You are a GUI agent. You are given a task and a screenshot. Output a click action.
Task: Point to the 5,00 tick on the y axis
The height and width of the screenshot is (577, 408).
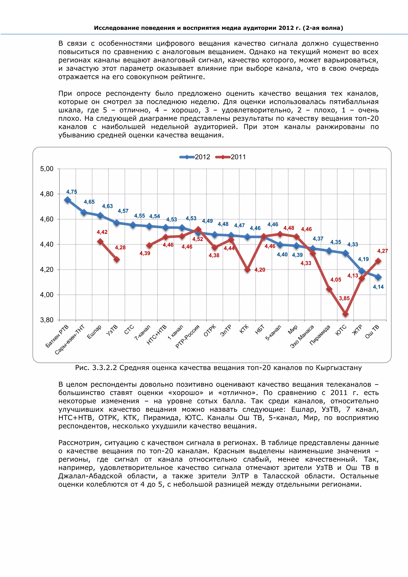[47, 169]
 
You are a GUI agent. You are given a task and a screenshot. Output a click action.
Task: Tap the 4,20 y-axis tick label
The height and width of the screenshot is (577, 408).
[47, 270]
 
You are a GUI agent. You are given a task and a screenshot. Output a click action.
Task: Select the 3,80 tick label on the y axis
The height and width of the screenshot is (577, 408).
[47, 320]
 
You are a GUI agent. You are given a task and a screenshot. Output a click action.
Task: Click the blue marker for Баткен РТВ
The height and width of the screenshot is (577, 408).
[67, 200]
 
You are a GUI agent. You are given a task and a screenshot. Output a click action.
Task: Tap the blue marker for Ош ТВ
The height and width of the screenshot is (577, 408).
[378, 277]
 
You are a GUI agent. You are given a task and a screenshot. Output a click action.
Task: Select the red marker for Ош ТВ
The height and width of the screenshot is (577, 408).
[378, 261]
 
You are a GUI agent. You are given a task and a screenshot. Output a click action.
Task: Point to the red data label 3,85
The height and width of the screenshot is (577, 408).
[344, 298]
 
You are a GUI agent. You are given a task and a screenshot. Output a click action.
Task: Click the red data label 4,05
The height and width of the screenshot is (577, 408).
[336, 280]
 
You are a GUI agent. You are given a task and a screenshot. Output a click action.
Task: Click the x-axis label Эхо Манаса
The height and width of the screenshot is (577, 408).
[302, 336]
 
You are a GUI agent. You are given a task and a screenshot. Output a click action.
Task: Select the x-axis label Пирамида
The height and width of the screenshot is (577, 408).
[320, 335]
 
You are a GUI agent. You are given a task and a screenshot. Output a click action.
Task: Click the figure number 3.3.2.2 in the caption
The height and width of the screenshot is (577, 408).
[105, 368]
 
